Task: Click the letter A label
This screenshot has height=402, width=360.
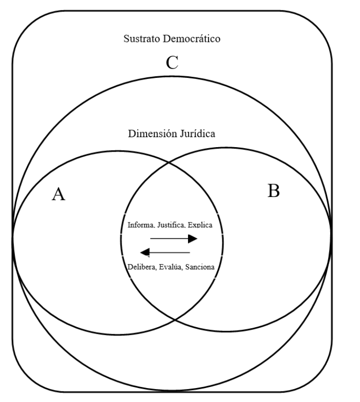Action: coord(59,195)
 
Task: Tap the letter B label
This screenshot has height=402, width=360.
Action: coord(273,191)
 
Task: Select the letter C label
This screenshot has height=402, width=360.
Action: coord(172,63)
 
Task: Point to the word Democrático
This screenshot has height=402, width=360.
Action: coord(189,38)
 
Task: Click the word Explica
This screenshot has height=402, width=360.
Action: coord(201,225)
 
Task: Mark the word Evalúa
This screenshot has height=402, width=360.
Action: coord(172,267)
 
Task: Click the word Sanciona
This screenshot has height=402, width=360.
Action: coord(199,267)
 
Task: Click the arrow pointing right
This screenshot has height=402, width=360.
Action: coord(174,239)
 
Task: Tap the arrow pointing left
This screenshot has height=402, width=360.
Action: coord(165,252)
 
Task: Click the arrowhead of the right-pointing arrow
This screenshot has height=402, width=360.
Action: coord(193,239)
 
